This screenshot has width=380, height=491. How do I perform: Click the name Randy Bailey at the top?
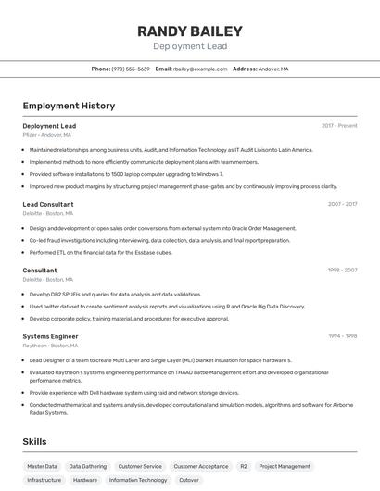(x=190, y=31)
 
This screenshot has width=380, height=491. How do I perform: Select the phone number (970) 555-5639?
(x=131, y=69)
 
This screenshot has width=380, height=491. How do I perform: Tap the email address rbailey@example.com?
(x=200, y=69)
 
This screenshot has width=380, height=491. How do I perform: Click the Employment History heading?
(x=69, y=106)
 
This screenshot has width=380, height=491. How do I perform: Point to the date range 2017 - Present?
(x=339, y=125)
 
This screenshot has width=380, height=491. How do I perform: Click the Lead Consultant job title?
(x=48, y=204)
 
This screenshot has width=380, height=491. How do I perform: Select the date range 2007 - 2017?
(x=342, y=204)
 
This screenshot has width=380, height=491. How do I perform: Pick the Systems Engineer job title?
(x=50, y=336)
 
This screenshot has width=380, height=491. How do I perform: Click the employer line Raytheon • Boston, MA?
(x=50, y=346)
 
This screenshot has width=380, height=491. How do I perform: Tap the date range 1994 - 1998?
(x=342, y=336)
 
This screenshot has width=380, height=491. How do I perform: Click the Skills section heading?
(x=35, y=442)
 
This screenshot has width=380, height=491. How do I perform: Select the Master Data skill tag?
(x=42, y=467)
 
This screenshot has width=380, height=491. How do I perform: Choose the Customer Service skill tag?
(x=140, y=467)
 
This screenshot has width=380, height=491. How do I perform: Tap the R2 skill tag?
(x=244, y=467)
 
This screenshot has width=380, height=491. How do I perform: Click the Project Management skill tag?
(x=285, y=467)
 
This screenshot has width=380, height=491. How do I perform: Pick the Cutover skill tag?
(x=189, y=481)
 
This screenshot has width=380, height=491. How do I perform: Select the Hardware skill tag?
(x=85, y=481)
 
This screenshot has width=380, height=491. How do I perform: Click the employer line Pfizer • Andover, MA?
(x=46, y=134)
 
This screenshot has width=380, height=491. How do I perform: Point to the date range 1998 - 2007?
(x=342, y=271)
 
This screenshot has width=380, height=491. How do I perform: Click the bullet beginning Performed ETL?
(x=101, y=252)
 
